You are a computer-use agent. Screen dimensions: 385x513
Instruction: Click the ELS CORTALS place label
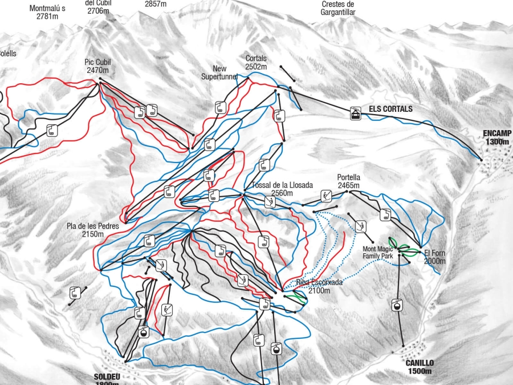[390, 109]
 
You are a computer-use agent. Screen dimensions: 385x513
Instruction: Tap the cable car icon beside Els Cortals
[356, 114]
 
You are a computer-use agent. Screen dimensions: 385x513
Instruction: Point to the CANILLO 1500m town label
[420, 367]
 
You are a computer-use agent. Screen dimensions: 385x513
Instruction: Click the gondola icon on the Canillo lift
[397, 306]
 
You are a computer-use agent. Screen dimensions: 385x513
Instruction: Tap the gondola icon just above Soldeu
[144, 332]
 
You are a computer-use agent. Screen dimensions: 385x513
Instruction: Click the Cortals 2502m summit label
[256, 63]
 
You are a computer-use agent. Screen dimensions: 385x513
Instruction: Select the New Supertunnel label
[219, 73]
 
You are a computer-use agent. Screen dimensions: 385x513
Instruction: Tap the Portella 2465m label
[348, 181]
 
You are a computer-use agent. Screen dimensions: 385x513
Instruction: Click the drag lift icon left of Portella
[325, 196]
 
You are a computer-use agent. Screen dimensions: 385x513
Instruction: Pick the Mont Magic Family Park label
[378, 253]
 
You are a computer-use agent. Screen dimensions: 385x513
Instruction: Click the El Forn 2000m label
[435, 257]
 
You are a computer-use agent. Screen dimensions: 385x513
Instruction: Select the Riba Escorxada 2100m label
[319, 286]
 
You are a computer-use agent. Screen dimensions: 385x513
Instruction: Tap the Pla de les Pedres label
[92, 230]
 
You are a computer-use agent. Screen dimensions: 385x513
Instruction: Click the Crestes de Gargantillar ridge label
[337, 8]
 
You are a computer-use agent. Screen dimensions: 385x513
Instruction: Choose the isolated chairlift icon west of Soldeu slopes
[75, 293]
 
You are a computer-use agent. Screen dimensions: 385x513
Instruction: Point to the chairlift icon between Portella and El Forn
[385, 214]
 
